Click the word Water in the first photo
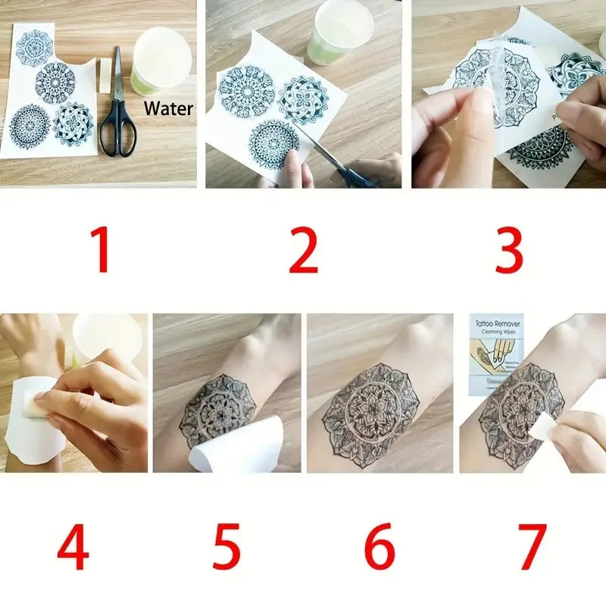[168, 108]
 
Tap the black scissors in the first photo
[118, 114]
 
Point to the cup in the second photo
[339, 30]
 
